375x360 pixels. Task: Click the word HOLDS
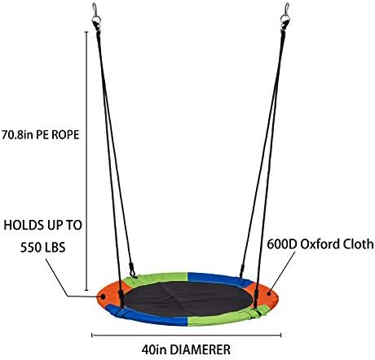pos(24,226)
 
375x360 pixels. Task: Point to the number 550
pos(30,248)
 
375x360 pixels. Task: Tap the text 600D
pos(282,244)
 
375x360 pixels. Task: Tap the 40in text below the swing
pos(154,349)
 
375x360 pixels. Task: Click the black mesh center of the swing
pos(188,299)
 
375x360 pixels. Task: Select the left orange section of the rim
pos(108,295)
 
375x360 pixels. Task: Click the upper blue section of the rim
pos(218,279)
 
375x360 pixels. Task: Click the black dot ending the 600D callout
pos(269,293)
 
